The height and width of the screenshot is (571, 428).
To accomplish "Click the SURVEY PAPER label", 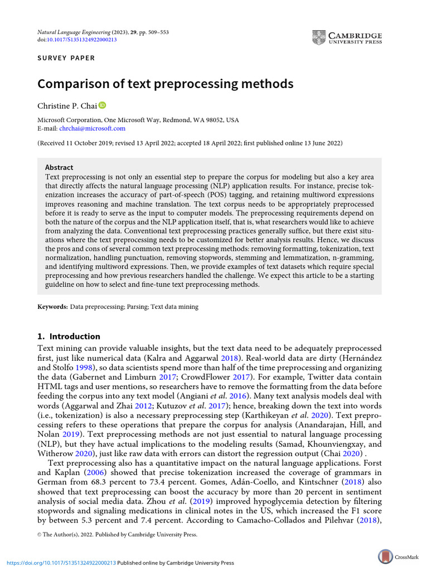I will point(66,58).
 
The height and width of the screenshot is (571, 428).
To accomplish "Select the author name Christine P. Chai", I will point(67,106).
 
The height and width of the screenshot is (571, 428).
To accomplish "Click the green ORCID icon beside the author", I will point(102,105).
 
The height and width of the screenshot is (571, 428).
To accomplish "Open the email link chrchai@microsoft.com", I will point(92,128).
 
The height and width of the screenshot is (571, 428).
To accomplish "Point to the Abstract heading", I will point(59,167).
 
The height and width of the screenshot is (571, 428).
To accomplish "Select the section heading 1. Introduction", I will point(69,336).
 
